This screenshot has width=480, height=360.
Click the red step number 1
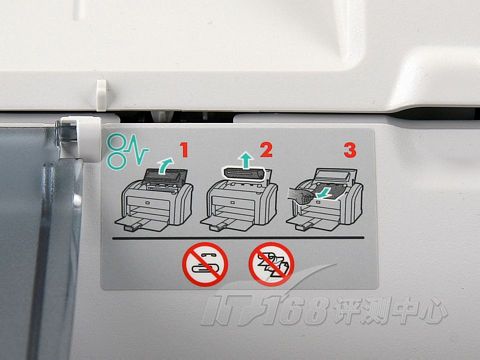tap(184, 150)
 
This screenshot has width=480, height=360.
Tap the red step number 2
tap(266, 150)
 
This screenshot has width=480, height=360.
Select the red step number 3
tap(350, 150)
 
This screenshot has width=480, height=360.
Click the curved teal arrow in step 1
tap(166, 166)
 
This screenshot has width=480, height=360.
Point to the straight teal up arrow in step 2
tap(246, 160)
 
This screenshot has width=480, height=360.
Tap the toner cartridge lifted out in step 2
tap(244, 174)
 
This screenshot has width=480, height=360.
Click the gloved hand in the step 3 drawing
tap(300, 195)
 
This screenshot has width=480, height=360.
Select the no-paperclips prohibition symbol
tap(205, 264)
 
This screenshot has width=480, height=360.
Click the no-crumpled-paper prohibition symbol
tap(272, 264)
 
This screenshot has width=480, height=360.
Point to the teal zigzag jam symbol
tap(137, 153)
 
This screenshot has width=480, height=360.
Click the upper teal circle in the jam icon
tap(117, 142)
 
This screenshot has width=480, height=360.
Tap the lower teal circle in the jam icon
tap(117, 160)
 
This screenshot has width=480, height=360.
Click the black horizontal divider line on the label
tap(238, 238)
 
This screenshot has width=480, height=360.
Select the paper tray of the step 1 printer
tap(143, 224)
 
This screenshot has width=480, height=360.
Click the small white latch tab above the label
tap(101, 95)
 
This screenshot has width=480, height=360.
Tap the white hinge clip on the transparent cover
tap(77, 138)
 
